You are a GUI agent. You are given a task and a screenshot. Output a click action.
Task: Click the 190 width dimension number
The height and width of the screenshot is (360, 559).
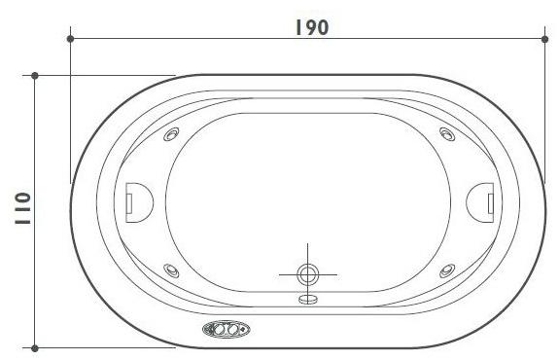[310, 26]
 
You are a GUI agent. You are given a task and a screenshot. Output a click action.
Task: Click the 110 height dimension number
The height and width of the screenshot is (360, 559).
[20, 209]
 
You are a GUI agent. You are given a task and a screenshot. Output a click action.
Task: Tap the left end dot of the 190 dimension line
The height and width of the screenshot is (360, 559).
[71, 39]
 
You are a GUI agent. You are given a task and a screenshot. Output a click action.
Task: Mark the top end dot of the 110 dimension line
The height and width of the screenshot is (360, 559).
[35, 75]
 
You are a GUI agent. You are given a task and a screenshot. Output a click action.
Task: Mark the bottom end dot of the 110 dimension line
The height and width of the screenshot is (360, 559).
[35, 346]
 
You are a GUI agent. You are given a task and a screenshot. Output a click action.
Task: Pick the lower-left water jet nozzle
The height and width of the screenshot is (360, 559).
[172, 270]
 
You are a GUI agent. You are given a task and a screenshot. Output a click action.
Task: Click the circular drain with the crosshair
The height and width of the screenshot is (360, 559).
[308, 274]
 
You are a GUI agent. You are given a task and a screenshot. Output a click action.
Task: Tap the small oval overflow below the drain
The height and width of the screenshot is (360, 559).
[308, 299]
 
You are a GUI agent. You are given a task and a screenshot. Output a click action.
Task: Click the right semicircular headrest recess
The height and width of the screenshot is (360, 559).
[481, 199]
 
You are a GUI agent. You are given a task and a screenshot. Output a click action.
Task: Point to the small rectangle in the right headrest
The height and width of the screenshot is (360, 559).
[490, 199]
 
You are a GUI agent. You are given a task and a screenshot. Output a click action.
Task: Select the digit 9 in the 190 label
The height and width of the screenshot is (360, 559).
[310, 26]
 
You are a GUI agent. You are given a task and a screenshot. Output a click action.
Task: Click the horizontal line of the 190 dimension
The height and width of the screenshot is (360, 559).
[194, 39]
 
